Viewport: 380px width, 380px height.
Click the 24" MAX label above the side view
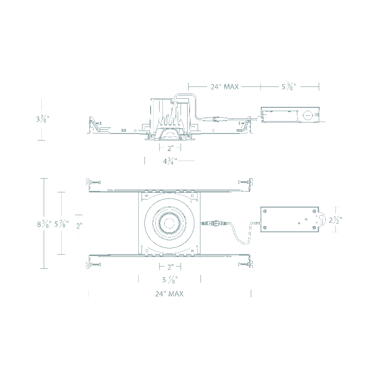pyautogui.click(x=224, y=86)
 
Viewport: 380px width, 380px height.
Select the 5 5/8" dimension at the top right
pyautogui.click(x=289, y=86)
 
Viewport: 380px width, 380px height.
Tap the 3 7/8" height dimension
pyautogui.click(x=43, y=119)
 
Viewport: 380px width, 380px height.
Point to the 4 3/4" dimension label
pyautogui.click(x=170, y=161)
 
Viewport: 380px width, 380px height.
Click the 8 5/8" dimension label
pyautogui.click(x=44, y=224)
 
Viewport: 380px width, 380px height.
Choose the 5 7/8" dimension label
pyautogui.click(x=61, y=224)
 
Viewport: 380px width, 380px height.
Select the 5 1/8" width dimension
pyautogui.click(x=170, y=280)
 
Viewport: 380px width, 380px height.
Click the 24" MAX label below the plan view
pyautogui.click(x=169, y=294)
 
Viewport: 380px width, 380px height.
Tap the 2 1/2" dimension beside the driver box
pyautogui.click(x=335, y=220)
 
